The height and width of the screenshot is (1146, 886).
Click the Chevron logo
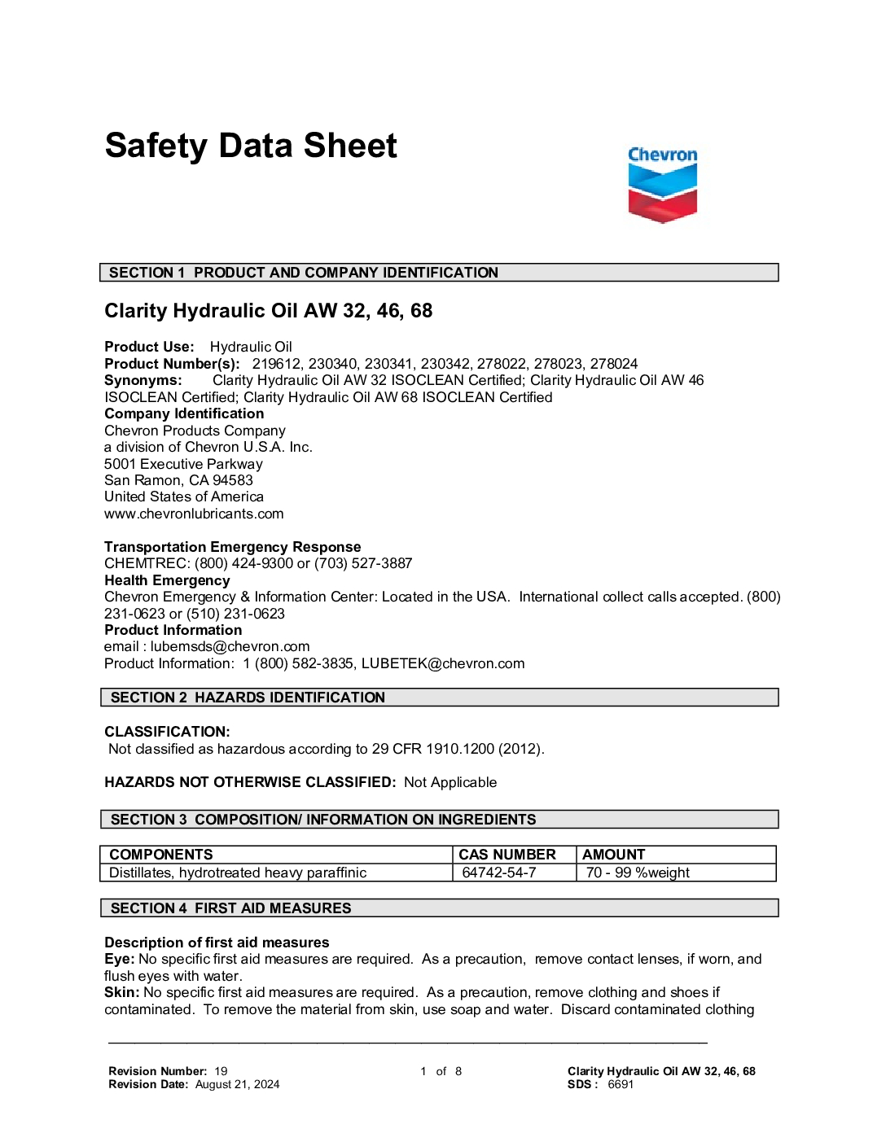[662, 185]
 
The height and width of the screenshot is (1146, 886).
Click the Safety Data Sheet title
[251, 147]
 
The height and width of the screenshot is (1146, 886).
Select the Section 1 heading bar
[439, 273]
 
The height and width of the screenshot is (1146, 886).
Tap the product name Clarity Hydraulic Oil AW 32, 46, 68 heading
[268, 311]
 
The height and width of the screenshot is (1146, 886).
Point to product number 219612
[276, 364]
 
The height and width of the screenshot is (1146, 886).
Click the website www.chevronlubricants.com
[194, 514]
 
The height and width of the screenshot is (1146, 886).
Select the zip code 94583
[233, 480]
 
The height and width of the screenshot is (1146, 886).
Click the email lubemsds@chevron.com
[230, 646]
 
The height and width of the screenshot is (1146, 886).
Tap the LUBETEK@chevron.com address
[443, 663]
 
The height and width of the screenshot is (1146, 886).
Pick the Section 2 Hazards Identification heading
[439, 698]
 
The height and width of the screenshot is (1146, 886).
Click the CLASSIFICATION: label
[167, 732]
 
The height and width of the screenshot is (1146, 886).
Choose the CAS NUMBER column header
[507, 855]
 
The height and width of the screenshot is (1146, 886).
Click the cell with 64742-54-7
[499, 873]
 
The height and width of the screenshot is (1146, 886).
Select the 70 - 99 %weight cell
[638, 873]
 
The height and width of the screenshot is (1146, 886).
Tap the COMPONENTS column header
[161, 855]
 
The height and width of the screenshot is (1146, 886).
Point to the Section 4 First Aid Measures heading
[439, 908]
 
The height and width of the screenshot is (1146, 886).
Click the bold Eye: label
[119, 959]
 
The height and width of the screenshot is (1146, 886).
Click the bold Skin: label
[121, 992]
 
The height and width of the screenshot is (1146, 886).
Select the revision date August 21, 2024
[237, 1084]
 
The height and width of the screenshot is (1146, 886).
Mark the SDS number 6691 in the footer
[621, 1084]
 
